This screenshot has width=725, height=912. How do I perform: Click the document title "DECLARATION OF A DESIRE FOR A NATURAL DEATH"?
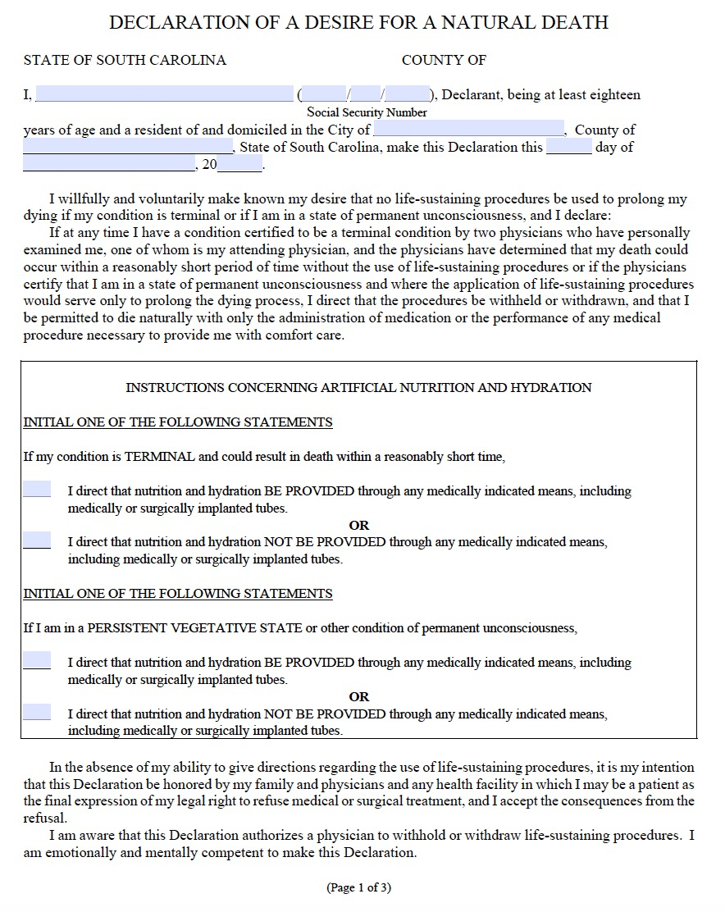tap(358, 23)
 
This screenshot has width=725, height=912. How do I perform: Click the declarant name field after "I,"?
tap(164, 94)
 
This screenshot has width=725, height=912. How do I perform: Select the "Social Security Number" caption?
tap(367, 112)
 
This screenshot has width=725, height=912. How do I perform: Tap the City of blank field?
tap(468, 130)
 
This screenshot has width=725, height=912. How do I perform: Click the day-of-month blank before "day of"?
tap(568, 148)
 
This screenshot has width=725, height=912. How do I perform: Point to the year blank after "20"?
tap(239, 165)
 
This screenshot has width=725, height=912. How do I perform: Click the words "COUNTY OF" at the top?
tap(444, 60)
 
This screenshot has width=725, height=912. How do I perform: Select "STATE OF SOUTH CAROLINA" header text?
tap(125, 60)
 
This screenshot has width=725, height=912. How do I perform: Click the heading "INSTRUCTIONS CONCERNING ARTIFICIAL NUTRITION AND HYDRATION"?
tap(358, 387)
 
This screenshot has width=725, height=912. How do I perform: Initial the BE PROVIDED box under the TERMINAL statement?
tap(36, 490)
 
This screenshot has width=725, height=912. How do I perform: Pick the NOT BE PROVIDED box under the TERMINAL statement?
tap(36, 540)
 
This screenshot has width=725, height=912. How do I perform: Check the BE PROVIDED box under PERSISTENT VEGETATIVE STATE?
tap(36, 661)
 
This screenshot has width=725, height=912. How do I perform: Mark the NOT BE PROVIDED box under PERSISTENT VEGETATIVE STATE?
tap(36, 712)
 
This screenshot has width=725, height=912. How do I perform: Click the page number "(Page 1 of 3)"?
tap(358, 887)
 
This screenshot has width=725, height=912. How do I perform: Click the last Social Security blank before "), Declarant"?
tap(408, 94)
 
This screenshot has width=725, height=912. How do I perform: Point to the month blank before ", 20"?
tap(109, 165)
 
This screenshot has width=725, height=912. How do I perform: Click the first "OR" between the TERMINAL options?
tap(358, 525)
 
